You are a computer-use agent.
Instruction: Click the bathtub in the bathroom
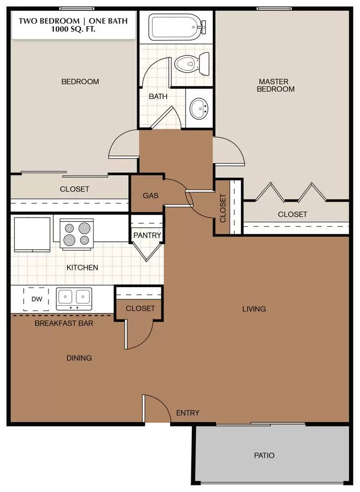(x=179, y=27)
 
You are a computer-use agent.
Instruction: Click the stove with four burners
(x=77, y=234)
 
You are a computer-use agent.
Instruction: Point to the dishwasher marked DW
(x=36, y=299)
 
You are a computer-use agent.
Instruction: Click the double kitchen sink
(x=74, y=298)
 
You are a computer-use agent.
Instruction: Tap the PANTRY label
(x=147, y=235)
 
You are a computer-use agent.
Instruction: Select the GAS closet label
(x=151, y=195)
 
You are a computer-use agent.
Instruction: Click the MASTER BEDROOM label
(x=275, y=85)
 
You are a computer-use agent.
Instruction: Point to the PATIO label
(x=264, y=455)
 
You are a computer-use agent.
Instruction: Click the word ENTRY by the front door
(x=188, y=413)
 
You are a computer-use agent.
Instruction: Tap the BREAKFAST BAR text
(x=64, y=323)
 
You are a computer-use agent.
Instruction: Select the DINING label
(x=79, y=358)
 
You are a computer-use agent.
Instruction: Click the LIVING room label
(x=254, y=309)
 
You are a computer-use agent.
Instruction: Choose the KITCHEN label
(x=82, y=267)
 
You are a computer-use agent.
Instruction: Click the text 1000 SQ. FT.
(x=73, y=30)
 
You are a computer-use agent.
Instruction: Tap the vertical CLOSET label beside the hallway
(x=223, y=208)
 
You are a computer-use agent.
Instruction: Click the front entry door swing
(x=156, y=408)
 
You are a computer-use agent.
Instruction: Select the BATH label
(x=158, y=96)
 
